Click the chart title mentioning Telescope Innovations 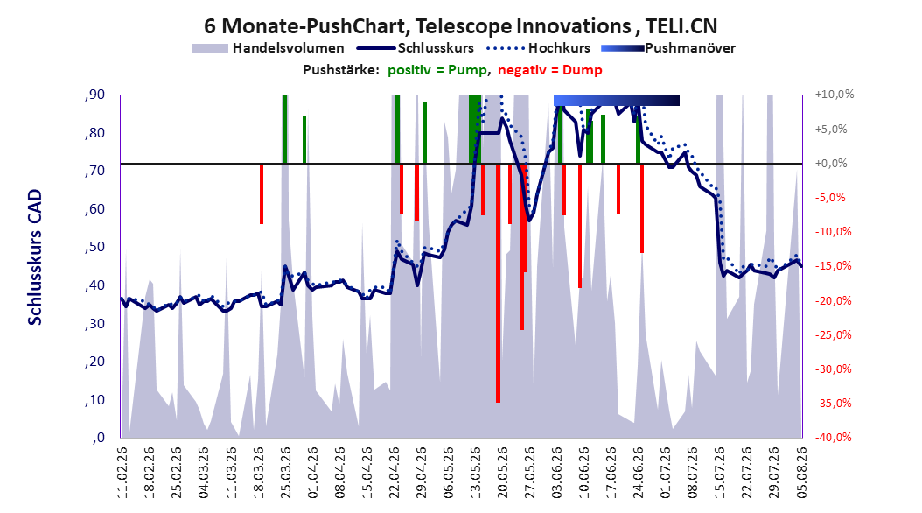pos(460,26)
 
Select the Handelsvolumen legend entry pos(268,48)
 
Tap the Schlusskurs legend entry pos(416,48)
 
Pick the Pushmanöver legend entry pos(668,48)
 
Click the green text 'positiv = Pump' pos(437,70)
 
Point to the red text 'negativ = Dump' pos(550,70)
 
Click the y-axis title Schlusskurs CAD pos(35,257)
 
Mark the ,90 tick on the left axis pos(94,95)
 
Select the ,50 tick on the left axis pos(94,247)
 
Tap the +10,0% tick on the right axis pos(835,95)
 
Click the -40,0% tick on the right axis pos(833,437)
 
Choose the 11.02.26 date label pos(122,473)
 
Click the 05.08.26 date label pos(801,473)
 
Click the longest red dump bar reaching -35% pos(498,283)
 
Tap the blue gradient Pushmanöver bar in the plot pos(617,100)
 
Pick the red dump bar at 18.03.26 pos(262,193)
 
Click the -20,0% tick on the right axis pos(833,300)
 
